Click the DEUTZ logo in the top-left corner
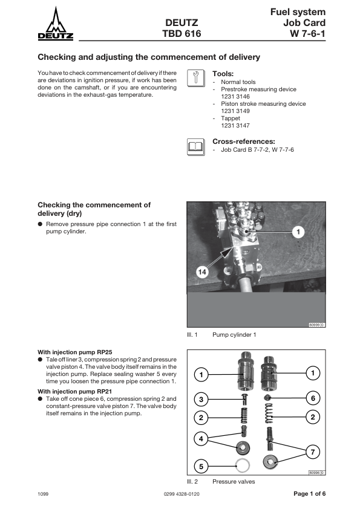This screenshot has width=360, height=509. tap(56, 24)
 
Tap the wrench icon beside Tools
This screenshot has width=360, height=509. tap(196, 78)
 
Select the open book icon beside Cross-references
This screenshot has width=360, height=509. tap(196, 147)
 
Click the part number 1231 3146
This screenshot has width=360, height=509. tap(235, 96)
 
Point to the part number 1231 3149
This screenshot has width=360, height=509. tap(235, 111)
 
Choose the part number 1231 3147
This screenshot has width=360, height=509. tap(235, 126)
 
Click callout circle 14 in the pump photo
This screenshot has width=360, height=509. tap(202, 271)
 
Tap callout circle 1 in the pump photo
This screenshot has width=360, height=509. tap(298, 232)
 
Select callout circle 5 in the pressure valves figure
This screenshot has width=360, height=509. tap(201, 467)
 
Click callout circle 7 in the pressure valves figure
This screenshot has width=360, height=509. tap(313, 452)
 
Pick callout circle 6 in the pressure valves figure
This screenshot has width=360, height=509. tap(313, 398)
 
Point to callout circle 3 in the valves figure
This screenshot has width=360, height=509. tap(201, 399)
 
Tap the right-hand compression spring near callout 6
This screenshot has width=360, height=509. tap(269, 413)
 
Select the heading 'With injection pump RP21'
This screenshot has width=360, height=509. tap(75, 392)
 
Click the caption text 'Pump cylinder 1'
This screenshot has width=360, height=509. tap(234, 335)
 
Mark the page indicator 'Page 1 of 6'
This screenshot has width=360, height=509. tap(309, 494)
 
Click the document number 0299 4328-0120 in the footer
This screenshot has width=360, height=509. tap(182, 494)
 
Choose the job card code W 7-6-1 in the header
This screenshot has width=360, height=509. tap(308, 34)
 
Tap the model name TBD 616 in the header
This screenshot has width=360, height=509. tap(182, 34)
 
